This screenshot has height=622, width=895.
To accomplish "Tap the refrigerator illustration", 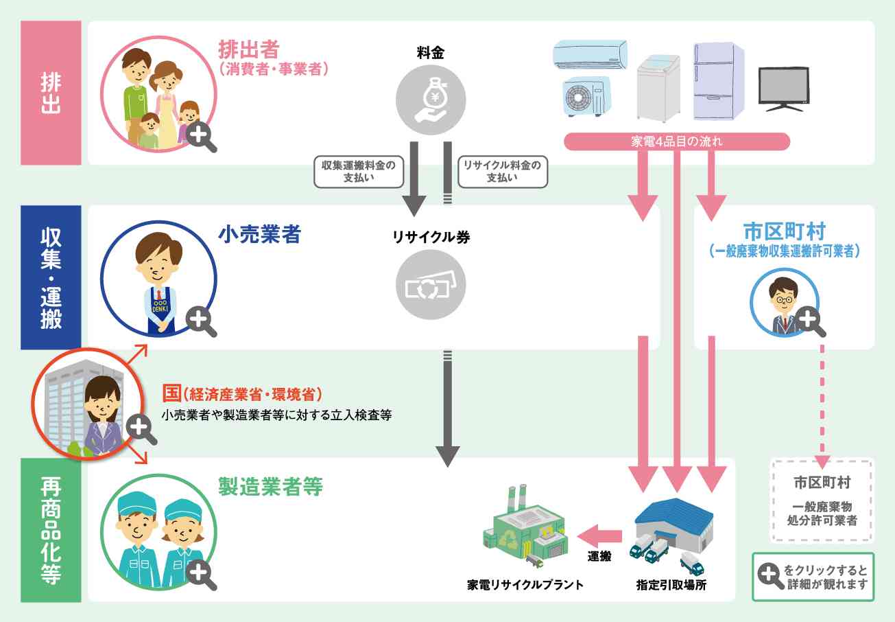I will pyautogui.click(x=718, y=81).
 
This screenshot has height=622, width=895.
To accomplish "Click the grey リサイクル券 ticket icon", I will pyautogui.click(x=431, y=286).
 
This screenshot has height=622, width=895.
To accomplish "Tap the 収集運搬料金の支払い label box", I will pyautogui.click(x=359, y=171).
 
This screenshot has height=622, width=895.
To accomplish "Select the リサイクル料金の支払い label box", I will pyautogui.click(x=502, y=171).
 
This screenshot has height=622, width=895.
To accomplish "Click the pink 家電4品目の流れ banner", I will pyautogui.click(x=676, y=141).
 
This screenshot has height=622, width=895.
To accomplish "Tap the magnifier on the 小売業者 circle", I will pyautogui.click(x=200, y=320).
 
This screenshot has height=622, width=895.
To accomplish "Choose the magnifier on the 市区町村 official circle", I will pyautogui.click(x=808, y=320).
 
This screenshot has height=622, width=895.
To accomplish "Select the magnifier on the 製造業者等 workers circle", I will pyautogui.click(x=200, y=573).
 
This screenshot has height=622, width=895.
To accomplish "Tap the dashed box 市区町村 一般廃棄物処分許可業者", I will pyautogui.click(x=822, y=501).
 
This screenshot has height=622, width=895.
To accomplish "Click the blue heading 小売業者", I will pyautogui.click(x=259, y=235).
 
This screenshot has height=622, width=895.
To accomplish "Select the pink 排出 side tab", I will pyautogui.click(x=51, y=93).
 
